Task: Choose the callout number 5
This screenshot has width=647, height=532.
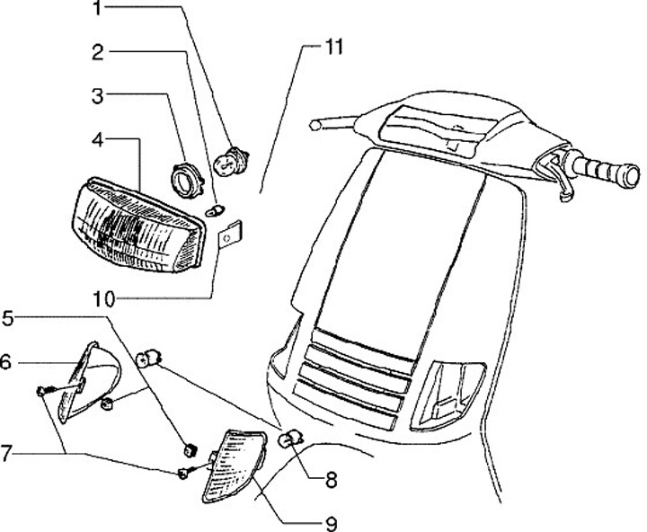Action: pos(8,318)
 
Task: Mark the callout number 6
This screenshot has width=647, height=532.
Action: pos(7,362)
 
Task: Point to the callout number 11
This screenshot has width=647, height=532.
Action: pos(333,48)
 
